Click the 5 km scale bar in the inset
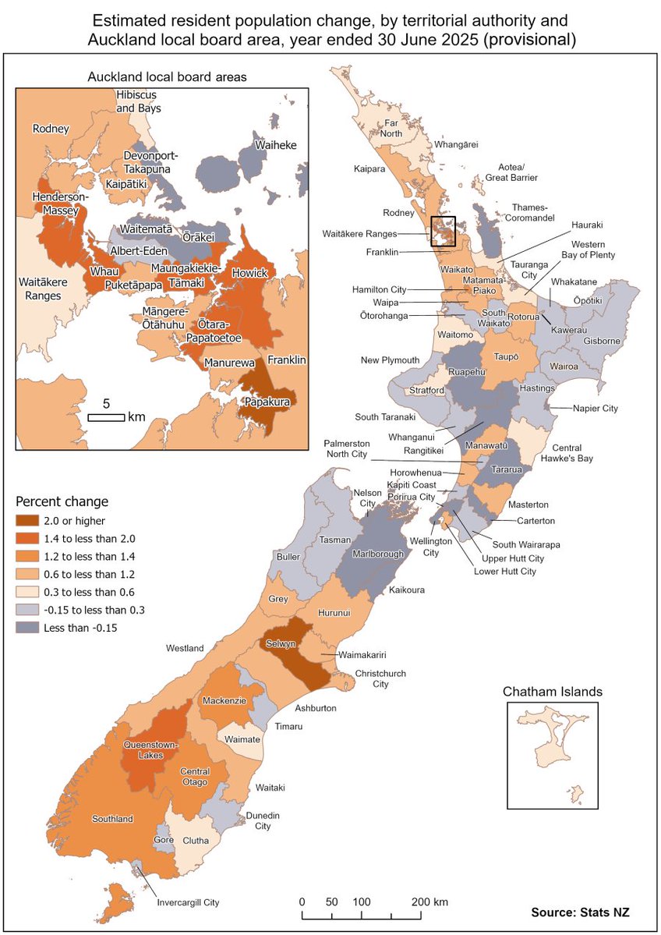(x=106, y=417)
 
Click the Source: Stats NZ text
(x=580, y=912)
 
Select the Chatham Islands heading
(x=552, y=691)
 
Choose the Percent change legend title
(x=62, y=501)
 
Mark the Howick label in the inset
(x=249, y=274)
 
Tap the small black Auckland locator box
(x=443, y=232)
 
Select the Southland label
(x=113, y=819)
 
